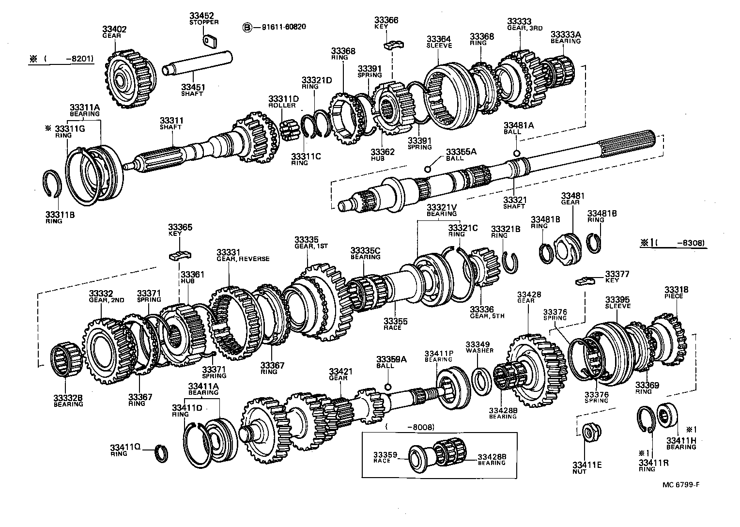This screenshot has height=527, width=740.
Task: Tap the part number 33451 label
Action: (192, 87)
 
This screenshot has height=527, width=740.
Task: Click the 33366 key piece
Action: (393, 45)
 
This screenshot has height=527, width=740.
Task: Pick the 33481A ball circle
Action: (517, 154)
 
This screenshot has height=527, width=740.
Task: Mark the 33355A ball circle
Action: (428, 169)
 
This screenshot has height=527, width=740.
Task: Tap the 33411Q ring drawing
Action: (163, 454)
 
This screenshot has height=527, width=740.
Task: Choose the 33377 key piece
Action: (586, 280)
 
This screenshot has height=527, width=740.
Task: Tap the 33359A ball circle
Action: (387, 386)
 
